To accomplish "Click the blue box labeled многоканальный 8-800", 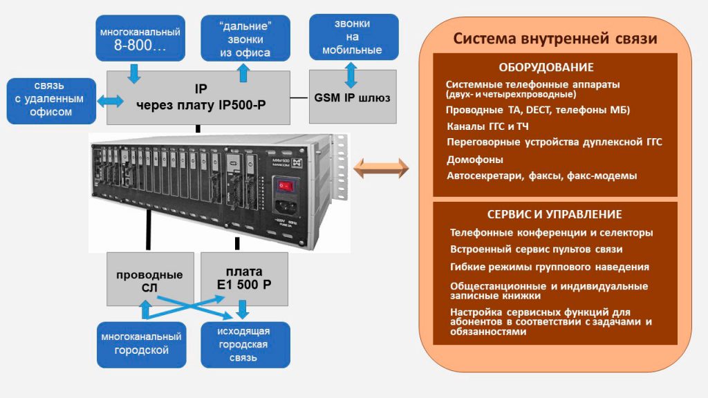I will pyautogui.click(x=141, y=39).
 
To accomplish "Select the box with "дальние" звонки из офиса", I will pyautogui.click(x=245, y=39).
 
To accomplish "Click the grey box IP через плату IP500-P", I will pyautogui.click(x=197, y=97).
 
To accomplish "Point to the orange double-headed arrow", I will pyautogui.click(x=381, y=167).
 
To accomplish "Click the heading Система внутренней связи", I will pyautogui.click(x=555, y=39).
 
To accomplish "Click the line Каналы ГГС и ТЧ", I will pyautogui.click(x=488, y=126).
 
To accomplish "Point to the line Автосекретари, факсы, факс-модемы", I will pyautogui.click(x=542, y=176).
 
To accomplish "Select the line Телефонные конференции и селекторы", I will pyautogui.click(x=551, y=233).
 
